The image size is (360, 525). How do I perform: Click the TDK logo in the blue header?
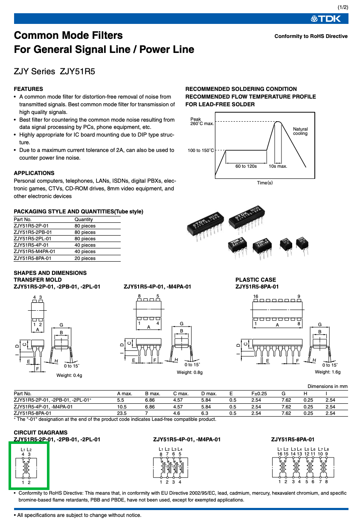coord(325,19)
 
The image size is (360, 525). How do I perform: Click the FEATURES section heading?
coord(28,89)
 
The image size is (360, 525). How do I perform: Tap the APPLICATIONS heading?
coord(34,173)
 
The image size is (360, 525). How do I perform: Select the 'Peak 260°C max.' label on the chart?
coord(202,121)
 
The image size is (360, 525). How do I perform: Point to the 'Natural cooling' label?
coord(300,131)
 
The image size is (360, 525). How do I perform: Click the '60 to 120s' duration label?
coord(246,166)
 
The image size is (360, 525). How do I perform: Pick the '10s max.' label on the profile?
coord(278,166)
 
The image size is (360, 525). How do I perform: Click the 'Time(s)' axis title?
coord(265,183)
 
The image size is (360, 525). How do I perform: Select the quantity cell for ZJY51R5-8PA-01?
coord(85,258)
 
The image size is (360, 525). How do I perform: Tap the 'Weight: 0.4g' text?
coord(69,376)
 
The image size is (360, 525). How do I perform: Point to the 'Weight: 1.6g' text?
coord(328,372)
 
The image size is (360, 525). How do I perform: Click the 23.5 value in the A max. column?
coord(122,413)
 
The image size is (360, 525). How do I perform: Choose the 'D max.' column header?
coord(209,394)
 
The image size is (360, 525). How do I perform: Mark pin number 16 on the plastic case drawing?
coord(255,297)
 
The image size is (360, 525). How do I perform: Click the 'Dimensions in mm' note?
coord(328,386)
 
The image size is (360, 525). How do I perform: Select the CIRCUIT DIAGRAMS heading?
coord(41,433)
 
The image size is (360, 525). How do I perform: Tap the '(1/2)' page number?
coord(343,8)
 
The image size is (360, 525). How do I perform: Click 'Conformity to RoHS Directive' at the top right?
coord(311,36)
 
